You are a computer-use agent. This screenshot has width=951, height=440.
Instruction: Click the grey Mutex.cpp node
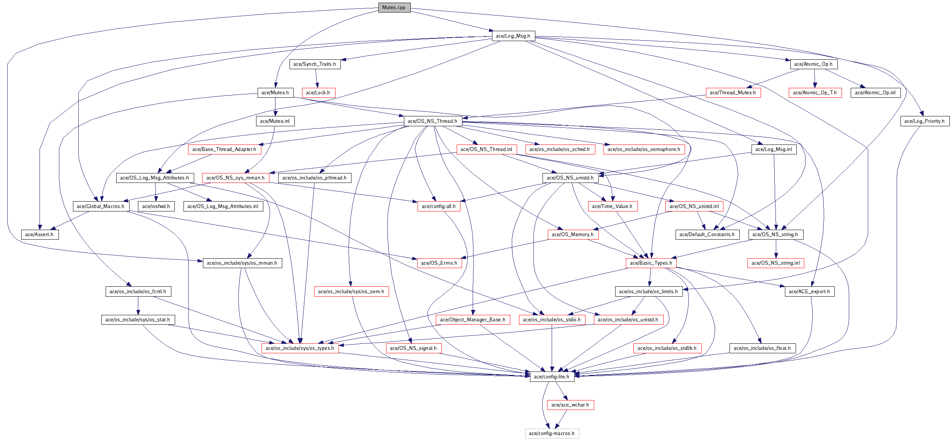[394, 8]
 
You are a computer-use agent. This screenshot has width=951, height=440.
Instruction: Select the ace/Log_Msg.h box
[513, 36]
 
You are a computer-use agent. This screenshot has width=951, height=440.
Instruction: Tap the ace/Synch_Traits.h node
[315, 64]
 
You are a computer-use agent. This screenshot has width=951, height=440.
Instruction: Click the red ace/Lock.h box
[318, 93]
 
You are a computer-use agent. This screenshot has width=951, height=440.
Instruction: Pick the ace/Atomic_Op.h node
[813, 64]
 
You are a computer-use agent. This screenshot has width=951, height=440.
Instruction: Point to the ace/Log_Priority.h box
[924, 121]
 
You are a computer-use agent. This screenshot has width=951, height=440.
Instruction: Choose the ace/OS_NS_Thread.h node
[432, 121]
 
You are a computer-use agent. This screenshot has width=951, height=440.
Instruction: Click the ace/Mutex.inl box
[275, 121]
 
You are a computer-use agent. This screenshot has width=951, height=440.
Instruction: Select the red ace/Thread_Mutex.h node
[733, 93]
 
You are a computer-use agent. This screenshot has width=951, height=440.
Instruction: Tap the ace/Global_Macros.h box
[101, 206]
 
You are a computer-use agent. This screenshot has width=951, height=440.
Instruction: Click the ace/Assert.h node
[39, 235]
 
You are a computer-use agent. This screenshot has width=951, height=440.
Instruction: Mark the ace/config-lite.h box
[552, 377]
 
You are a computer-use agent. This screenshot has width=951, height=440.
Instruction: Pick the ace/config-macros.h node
[552, 434]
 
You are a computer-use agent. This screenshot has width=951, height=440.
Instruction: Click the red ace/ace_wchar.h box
[570, 405]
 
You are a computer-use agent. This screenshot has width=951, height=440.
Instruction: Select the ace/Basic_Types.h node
[651, 263]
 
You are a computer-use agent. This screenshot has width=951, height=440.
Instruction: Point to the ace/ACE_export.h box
[809, 292]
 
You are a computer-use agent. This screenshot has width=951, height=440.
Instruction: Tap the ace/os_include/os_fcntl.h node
[138, 292]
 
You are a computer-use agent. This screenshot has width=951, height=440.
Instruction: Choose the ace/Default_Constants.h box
[707, 235]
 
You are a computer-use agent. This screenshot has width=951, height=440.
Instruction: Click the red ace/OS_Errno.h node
[439, 263]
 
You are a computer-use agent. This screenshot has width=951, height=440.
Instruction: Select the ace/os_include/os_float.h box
[762, 348]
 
